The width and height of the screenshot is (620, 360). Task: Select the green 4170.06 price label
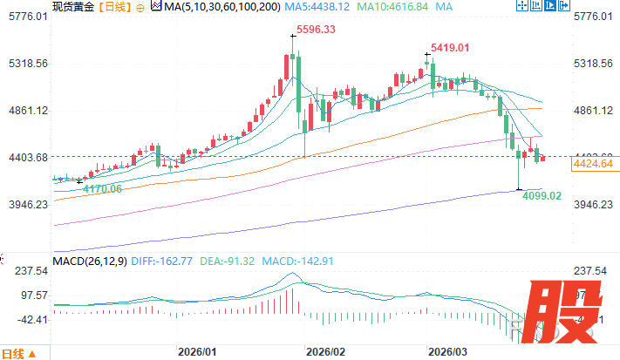[102, 188]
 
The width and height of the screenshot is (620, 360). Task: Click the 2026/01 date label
[196, 352]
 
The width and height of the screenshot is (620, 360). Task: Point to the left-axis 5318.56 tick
[25, 64]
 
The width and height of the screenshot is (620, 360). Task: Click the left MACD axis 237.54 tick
[30, 270]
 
